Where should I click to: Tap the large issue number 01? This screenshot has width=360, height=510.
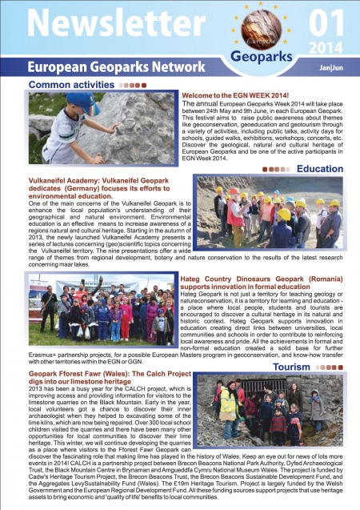click(x=328, y=18)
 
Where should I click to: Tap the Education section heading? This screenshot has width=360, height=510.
click(x=320, y=169)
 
